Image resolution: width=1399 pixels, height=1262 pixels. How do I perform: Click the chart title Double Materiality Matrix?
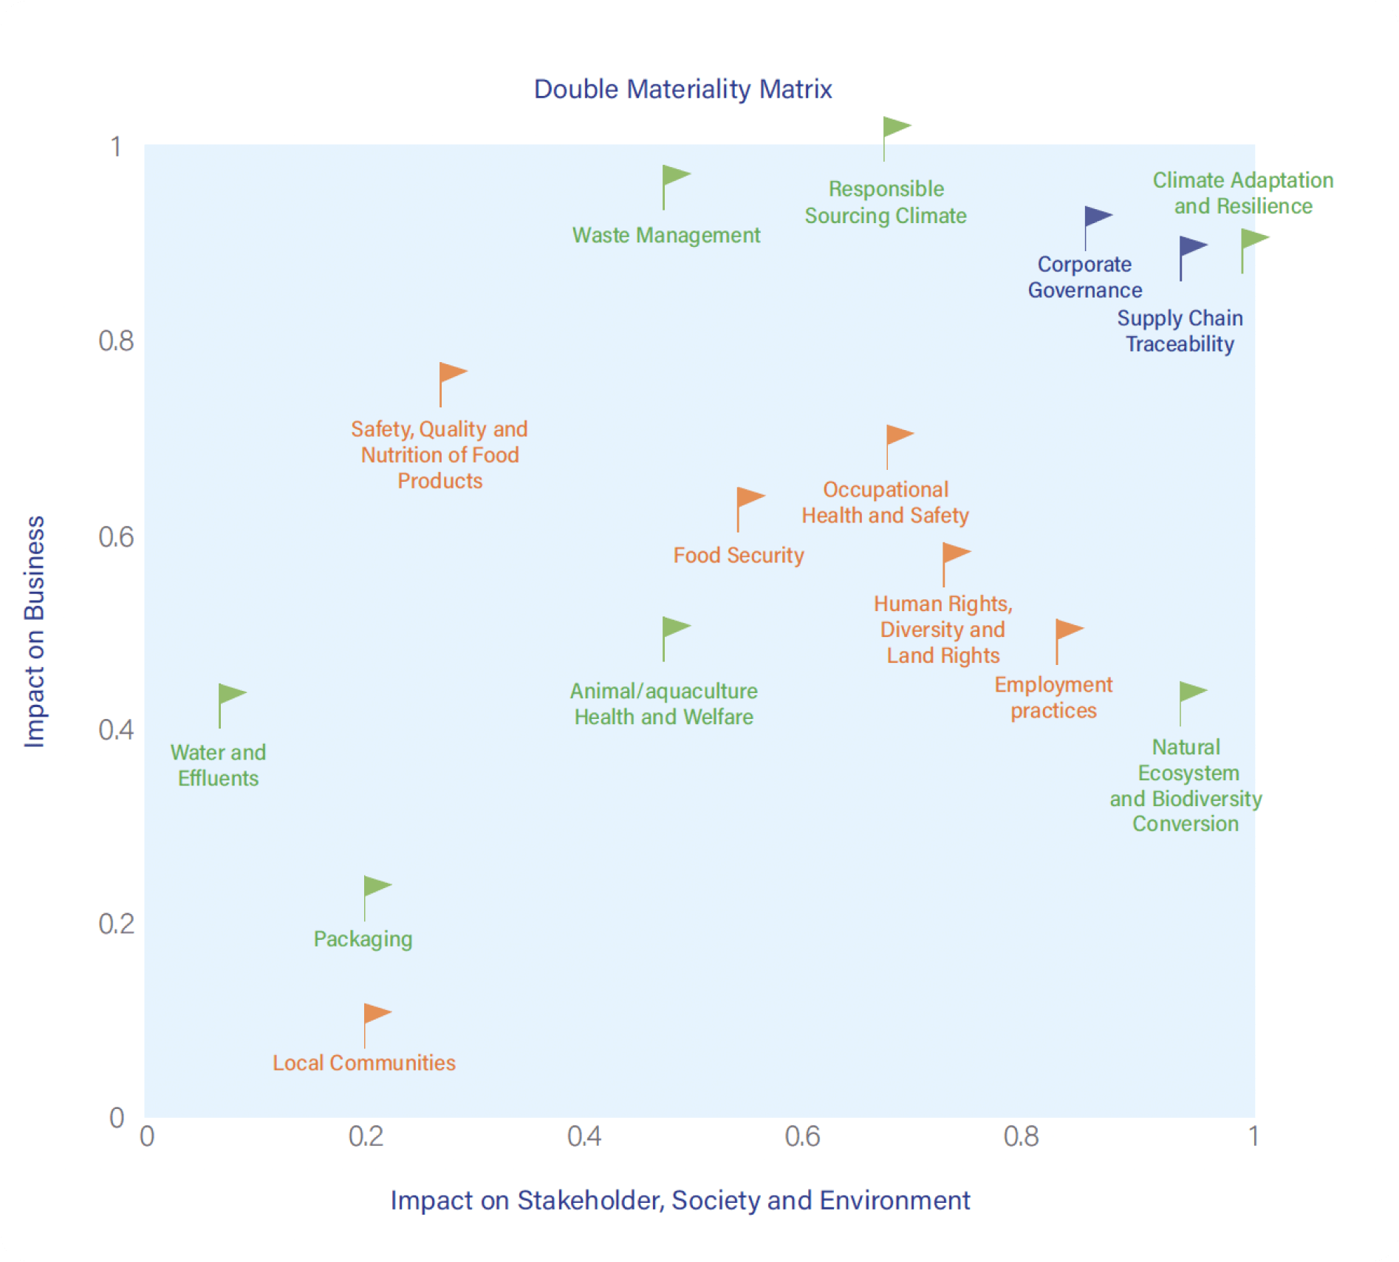tap(683, 89)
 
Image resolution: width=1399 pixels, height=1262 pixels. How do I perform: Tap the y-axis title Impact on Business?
tap(35, 631)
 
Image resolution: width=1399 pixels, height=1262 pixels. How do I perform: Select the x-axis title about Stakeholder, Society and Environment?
tap(680, 1200)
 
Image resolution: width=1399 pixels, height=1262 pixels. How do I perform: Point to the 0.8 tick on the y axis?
tap(117, 341)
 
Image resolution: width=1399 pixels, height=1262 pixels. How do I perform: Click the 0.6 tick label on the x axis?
tap(802, 1136)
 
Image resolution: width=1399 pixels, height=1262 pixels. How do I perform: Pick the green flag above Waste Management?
tap(674, 177)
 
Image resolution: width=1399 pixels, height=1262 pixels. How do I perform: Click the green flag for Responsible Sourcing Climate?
tap(895, 129)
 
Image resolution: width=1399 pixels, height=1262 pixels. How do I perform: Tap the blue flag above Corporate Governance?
tap(1096, 218)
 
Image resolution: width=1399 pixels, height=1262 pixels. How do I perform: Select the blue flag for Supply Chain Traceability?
tap(1191, 248)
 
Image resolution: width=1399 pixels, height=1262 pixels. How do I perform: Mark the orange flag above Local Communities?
tap(375, 1014)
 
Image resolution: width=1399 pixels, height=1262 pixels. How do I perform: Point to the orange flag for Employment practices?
tap(1067, 631)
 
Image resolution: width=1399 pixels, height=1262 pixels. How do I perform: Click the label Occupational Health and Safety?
tap(885, 502)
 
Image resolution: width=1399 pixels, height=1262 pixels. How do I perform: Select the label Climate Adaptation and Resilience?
tap(1243, 193)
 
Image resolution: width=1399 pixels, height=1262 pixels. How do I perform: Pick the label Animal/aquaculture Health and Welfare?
tap(663, 703)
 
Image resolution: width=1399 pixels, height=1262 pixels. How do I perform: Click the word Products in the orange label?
tap(439, 481)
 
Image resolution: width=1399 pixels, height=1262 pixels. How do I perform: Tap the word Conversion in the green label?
tap(1186, 824)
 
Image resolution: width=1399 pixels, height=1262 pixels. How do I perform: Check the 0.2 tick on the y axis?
tap(117, 924)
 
